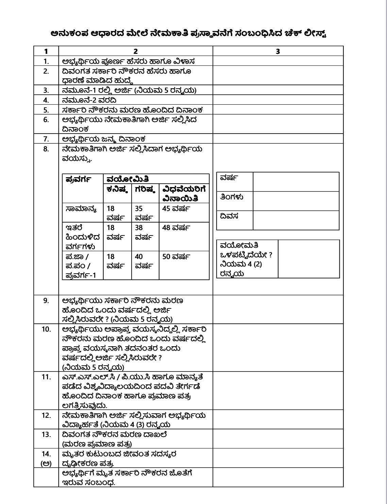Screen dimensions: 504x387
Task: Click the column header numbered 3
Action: [x=278, y=51]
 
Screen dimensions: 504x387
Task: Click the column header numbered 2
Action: [x=135, y=51]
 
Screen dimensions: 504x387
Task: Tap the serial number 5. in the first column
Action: [x=46, y=110]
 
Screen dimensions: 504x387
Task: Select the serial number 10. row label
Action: [x=46, y=329]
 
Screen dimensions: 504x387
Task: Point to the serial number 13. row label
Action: [x=46, y=434]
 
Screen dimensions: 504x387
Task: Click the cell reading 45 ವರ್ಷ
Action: [x=176, y=209]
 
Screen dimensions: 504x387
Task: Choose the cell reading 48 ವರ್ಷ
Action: [x=176, y=228]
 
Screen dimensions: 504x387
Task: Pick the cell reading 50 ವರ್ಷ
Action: [x=176, y=257]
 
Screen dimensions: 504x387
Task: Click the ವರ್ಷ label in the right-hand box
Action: [x=229, y=178]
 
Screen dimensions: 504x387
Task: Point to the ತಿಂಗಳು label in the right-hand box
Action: [x=232, y=197]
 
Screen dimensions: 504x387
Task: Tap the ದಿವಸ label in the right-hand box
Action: [x=229, y=216]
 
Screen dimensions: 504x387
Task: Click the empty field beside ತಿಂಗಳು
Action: [x=296, y=201]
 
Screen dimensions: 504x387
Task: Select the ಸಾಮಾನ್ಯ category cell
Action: [x=81, y=209]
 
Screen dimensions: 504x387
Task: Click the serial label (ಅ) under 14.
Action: [x=46, y=463]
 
